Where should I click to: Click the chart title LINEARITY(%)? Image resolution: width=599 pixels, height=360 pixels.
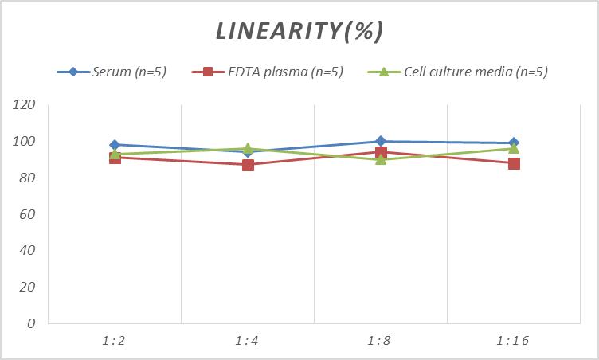(299, 31)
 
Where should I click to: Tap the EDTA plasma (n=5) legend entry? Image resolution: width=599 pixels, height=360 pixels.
(275, 72)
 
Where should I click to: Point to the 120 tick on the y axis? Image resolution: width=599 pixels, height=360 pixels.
(25, 105)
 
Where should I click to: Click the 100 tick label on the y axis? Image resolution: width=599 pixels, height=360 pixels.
(25, 142)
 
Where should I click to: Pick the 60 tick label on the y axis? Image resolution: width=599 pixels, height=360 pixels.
(28, 214)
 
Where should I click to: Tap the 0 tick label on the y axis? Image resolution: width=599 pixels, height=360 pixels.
(32, 323)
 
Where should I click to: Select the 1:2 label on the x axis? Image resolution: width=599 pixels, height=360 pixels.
(114, 341)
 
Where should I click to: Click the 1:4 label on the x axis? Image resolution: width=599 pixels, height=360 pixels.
(247, 341)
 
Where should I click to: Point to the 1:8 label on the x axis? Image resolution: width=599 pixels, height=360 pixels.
(380, 341)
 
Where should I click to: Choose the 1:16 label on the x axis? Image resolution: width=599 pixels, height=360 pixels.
(513, 341)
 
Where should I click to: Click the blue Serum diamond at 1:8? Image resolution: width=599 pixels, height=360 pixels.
(381, 142)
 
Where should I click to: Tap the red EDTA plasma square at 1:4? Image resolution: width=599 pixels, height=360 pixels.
(248, 165)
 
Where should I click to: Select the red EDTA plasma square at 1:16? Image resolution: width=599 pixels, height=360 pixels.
(514, 163)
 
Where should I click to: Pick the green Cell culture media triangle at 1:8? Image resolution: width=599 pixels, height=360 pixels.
(381, 159)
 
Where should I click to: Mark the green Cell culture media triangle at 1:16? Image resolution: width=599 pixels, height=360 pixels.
(514, 148)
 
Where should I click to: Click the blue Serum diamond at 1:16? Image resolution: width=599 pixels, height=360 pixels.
(514, 143)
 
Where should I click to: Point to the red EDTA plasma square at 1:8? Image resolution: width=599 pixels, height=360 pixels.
(381, 152)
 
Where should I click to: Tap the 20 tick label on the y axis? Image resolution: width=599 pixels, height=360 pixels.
(28, 287)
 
